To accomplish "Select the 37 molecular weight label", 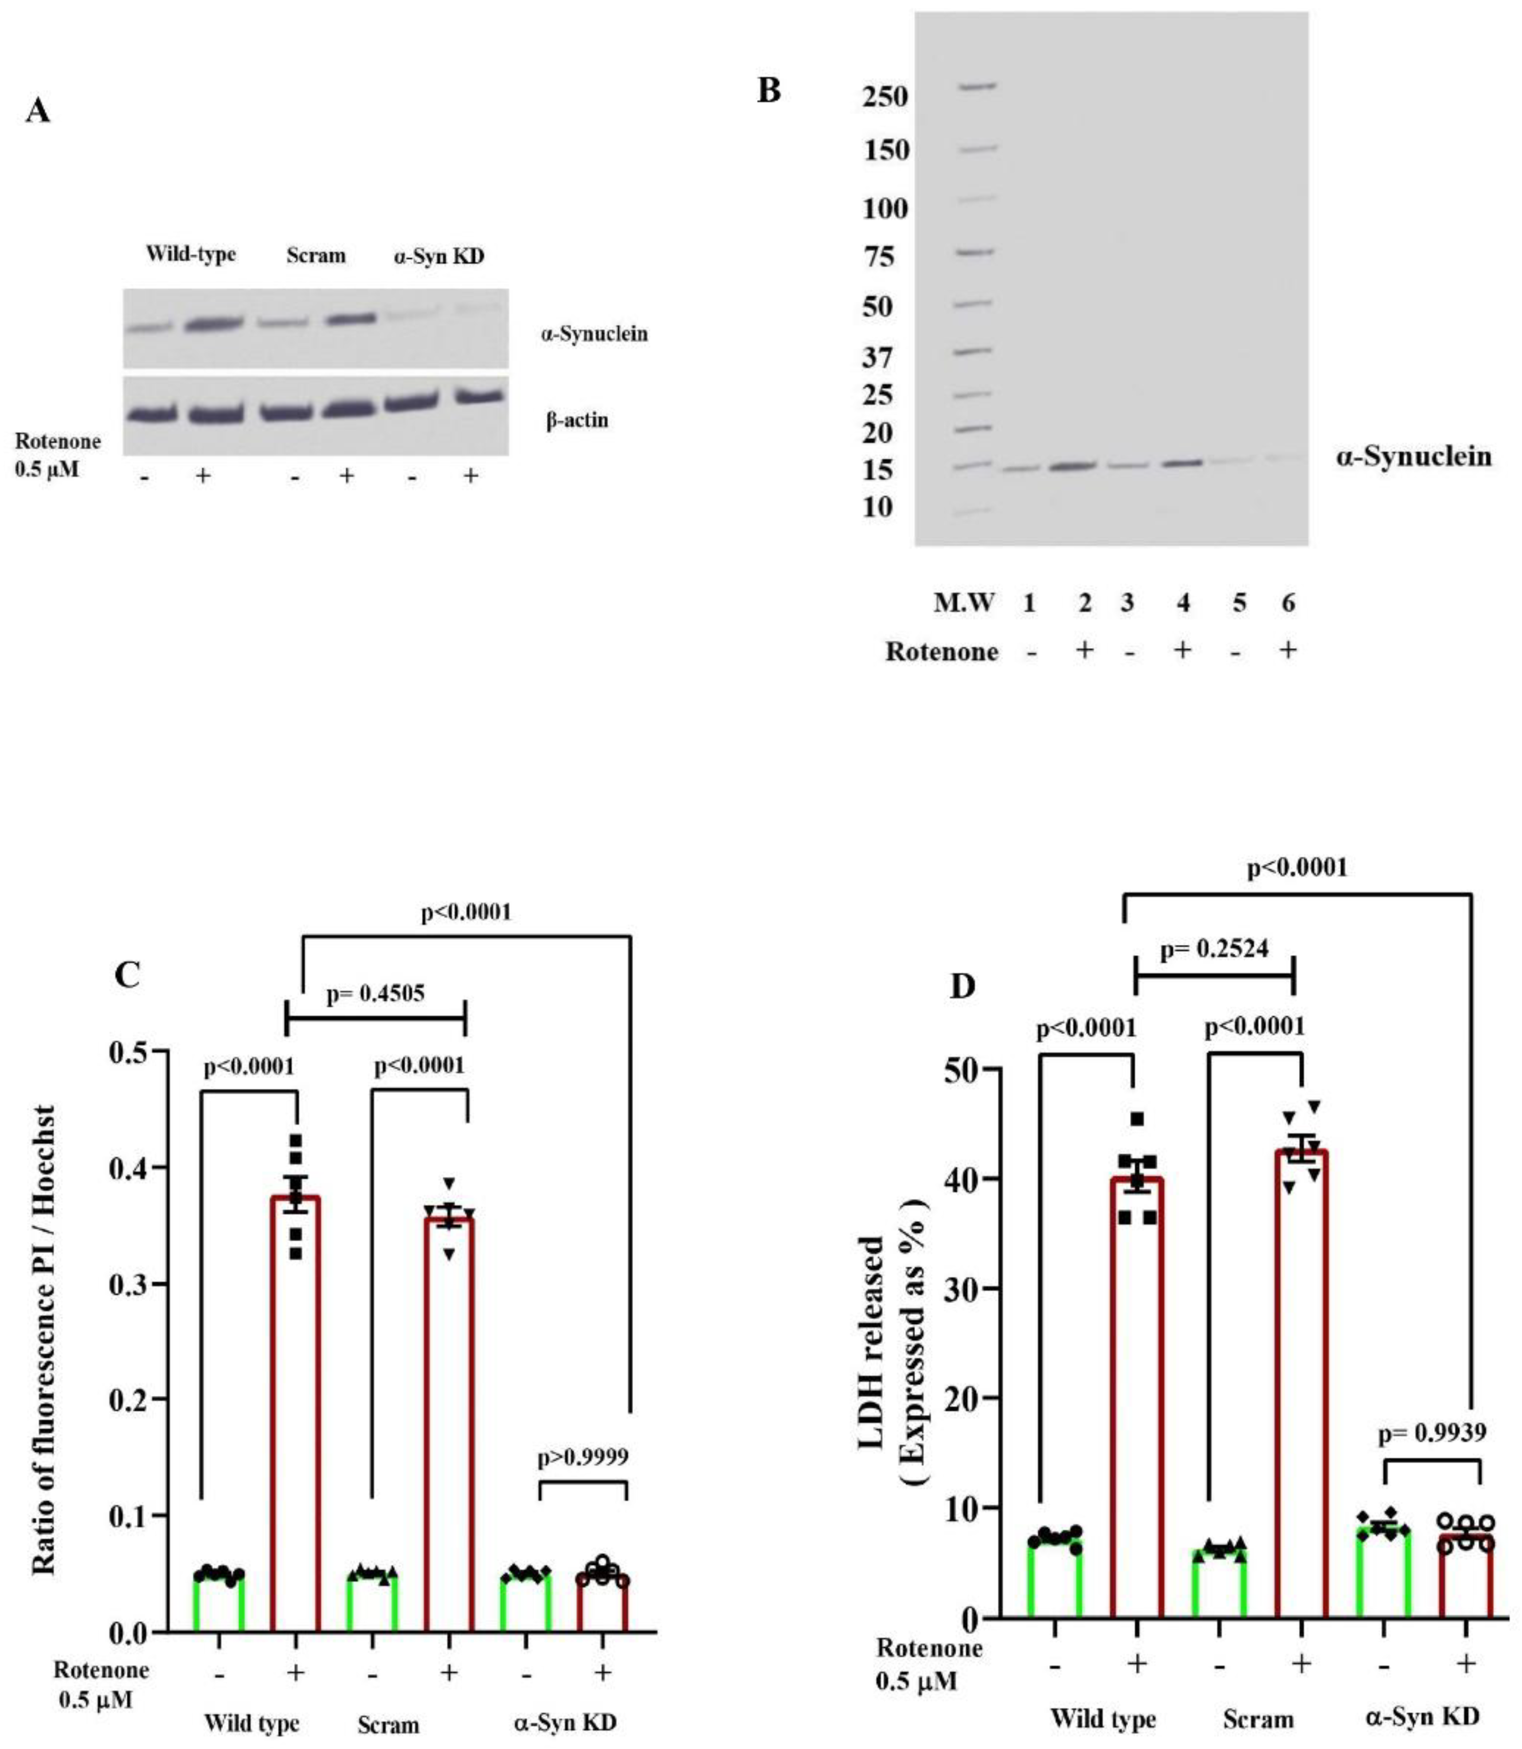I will (877, 357).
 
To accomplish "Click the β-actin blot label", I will (577, 420).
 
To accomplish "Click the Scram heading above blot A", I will (316, 256).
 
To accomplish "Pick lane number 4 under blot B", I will (1183, 603).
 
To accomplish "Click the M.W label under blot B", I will (963, 603).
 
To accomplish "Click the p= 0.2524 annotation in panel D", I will (1214, 949).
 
